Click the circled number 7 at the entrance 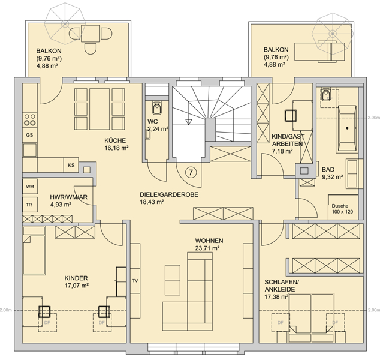click(x=191, y=172)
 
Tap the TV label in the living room click(x=135, y=281)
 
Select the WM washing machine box click(x=30, y=187)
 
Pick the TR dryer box click(x=30, y=205)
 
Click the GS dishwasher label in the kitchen click(x=29, y=135)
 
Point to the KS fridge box click(x=71, y=165)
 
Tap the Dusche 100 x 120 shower click(x=343, y=207)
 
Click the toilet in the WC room click(x=157, y=108)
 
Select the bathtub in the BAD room click(x=347, y=128)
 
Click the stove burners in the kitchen click(x=30, y=120)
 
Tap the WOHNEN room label click(x=209, y=241)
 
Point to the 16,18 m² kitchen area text click(x=116, y=148)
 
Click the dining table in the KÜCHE click(x=99, y=109)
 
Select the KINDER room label click(x=76, y=278)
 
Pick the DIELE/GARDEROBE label click(x=169, y=194)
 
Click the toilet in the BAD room click(x=325, y=95)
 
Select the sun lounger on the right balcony click(x=319, y=52)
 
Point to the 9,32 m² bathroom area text click(x=332, y=177)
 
